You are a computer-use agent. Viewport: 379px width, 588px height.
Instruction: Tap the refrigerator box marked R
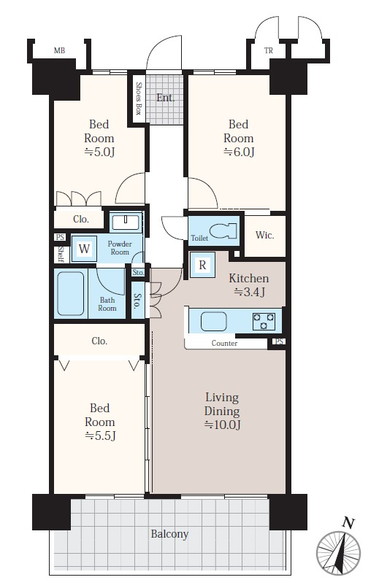(x=202, y=265)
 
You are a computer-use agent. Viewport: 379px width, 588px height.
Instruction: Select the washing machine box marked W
(x=85, y=249)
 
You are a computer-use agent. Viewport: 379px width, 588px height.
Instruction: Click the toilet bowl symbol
(x=223, y=231)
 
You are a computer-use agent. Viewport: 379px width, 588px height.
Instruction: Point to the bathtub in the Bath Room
(x=71, y=293)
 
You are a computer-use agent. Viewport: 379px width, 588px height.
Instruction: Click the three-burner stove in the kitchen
(x=264, y=322)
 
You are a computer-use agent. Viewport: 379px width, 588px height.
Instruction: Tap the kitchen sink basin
(x=214, y=322)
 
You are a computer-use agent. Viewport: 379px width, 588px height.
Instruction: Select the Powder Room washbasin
(x=126, y=223)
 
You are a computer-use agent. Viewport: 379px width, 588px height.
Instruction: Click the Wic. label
(x=264, y=235)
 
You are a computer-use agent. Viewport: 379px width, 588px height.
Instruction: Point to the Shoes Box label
(x=139, y=98)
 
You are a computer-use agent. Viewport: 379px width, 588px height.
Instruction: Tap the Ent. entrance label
(x=166, y=98)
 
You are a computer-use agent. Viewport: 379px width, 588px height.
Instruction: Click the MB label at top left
(x=59, y=50)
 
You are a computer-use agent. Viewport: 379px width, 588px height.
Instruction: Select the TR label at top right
(x=268, y=50)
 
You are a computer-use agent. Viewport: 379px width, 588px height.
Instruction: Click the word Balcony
(x=169, y=534)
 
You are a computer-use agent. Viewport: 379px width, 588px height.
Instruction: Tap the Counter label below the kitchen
(x=224, y=343)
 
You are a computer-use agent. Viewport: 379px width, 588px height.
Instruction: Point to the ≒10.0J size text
(x=222, y=425)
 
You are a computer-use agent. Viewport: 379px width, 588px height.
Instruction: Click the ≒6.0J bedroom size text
(x=239, y=152)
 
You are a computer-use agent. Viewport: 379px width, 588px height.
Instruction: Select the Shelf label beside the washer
(x=61, y=255)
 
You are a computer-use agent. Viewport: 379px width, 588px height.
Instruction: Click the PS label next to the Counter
(x=279, y=341)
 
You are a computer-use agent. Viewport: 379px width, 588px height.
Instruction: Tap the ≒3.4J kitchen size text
(x=250, y=292)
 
